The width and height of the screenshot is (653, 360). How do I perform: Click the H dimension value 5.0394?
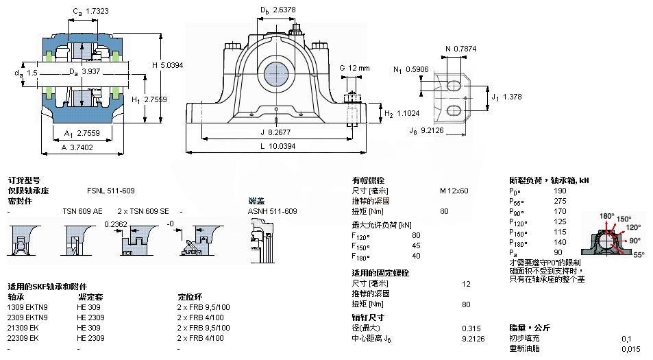(172, 65)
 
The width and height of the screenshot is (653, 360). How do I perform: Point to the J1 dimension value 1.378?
(511, 97)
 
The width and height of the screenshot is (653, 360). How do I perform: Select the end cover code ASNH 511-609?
(272, 211)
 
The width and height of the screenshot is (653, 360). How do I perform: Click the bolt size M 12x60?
(454, 190)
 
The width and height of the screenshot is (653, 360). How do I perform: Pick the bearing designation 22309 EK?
(24, 338)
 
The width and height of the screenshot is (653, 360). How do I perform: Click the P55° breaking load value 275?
(560, 201)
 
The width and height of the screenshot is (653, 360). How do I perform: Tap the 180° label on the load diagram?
(607, 216)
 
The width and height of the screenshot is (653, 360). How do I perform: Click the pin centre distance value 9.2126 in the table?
(476, 338)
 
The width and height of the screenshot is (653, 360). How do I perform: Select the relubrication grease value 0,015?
(631, 348)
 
